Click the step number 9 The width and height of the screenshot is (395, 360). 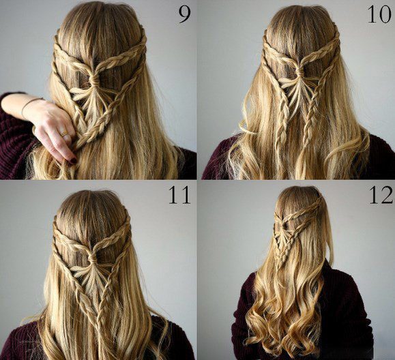pos(184,14)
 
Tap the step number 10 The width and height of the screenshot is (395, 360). pos(379,14)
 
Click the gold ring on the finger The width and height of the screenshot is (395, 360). pos(63,133)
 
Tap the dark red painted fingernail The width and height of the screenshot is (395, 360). pos(73,160)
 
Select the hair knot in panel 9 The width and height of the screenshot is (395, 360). pos(94,80)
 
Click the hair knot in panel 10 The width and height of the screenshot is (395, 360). pos(299,72)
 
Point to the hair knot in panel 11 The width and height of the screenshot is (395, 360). pos(92,258)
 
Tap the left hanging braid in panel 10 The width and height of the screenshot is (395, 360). pos(282,121)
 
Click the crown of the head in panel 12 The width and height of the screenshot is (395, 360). pos(299,194)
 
